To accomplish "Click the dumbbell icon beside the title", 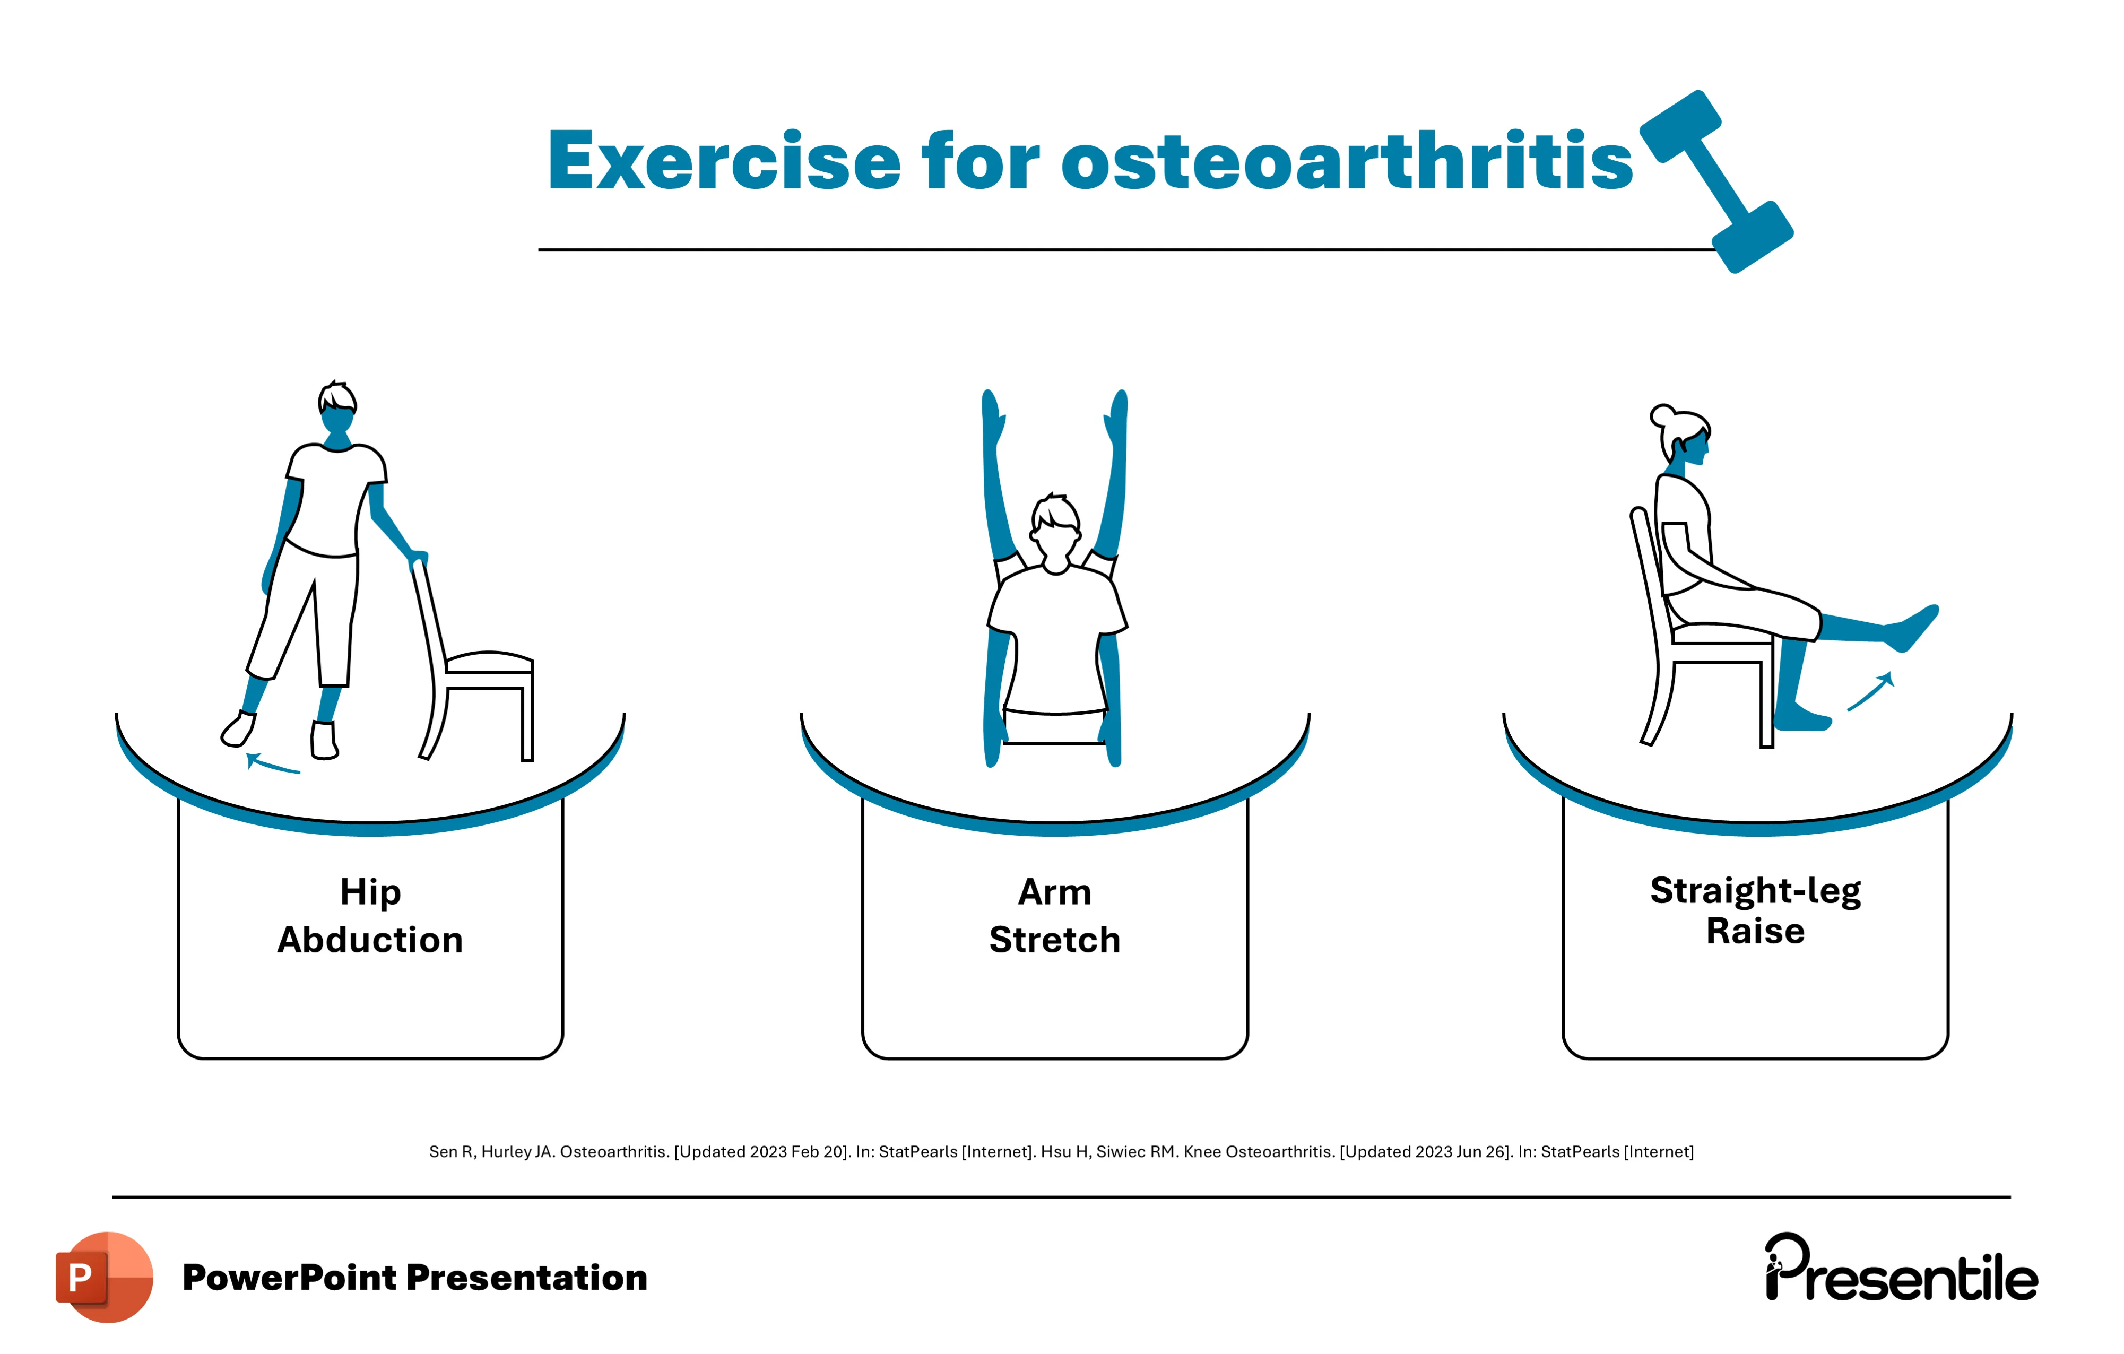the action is coord(1715,181).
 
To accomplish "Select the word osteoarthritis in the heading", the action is coord(1347,161).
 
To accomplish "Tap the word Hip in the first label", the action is coord(370,892).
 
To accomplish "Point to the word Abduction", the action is coord(370,940).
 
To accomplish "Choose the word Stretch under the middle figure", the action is coord(1055,940).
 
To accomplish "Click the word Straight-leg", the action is coord(1755,891).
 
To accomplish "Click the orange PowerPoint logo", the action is coord(104,1277).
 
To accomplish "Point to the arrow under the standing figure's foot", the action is coord(273,764).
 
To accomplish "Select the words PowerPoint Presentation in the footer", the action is coord(414,1277).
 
